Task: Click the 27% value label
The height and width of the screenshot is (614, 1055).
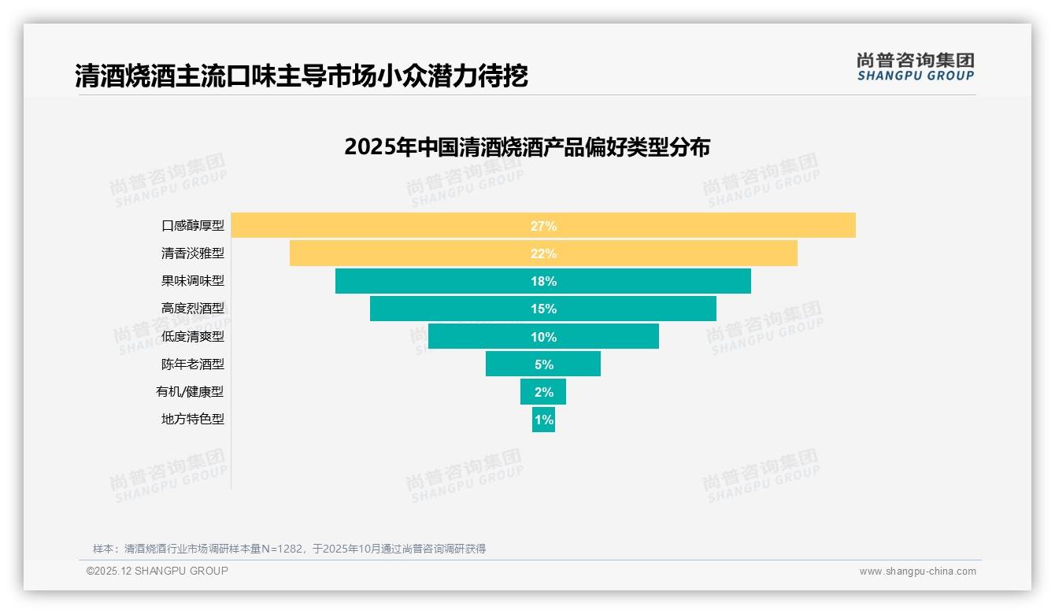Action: point(543,226)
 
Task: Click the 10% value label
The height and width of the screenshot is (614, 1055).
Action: point(543,337)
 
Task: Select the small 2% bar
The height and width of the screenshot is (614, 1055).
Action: point(543,392)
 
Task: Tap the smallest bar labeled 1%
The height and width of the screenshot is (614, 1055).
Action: point(543,420)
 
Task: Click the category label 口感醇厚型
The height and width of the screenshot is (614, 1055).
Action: point(193,226)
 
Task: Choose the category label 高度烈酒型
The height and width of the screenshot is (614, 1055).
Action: point(193,309)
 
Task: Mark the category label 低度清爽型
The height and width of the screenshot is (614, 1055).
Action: point(193,337)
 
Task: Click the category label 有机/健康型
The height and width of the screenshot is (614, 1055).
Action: point(190,392)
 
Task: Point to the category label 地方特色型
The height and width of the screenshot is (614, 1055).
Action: point(193,420)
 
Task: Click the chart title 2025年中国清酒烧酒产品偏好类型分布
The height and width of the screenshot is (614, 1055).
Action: point(527,147)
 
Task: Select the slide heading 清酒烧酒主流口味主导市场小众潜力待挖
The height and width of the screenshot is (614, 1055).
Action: point(301,76)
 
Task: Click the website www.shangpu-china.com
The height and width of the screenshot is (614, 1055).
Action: point(917,571)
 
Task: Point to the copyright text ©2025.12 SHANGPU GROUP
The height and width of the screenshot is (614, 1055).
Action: point(157,571)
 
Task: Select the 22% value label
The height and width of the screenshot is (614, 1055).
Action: point(543,253)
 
